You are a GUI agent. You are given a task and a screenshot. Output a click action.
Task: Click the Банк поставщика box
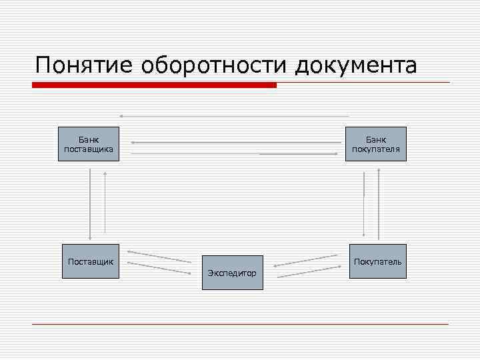pos(89,144)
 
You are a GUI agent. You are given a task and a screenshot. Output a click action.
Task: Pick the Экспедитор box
pos(233,273)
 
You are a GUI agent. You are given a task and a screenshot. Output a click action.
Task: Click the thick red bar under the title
pos(154,85)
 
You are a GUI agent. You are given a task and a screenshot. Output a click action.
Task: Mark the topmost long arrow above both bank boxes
pos(233,116)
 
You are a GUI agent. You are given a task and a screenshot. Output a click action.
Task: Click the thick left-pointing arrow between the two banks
pos(233,142)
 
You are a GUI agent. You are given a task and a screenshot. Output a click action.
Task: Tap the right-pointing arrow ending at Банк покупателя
pos(299,154)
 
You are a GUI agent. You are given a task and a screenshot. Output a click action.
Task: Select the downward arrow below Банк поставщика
pos(89,203)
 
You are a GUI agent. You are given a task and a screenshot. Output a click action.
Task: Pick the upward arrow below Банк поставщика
pos(105,203)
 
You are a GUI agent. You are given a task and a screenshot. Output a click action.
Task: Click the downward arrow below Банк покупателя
pos(364,204)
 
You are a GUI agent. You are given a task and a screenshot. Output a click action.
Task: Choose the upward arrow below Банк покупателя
pos(379,204)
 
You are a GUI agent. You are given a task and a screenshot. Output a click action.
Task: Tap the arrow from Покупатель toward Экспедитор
pos(306,261)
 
